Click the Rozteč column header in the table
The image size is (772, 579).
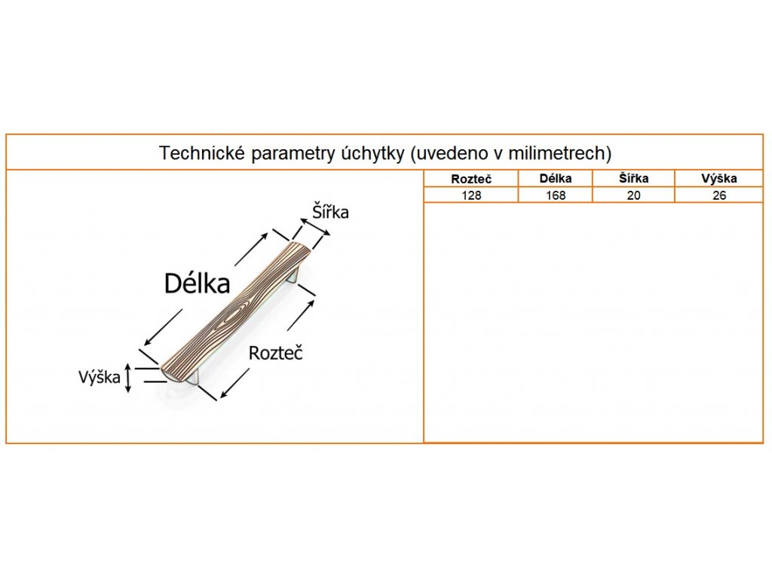coord(471,179)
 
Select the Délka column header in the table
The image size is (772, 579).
coord(556,179)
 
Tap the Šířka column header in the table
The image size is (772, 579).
coord(633,179)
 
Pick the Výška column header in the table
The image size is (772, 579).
coord(718,179)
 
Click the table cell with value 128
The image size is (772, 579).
coord(471,195)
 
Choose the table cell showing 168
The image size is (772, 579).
coord(556,195)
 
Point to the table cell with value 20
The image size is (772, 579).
coord(633,195)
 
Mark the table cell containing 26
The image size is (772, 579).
coord(718,195)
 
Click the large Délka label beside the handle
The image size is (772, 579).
coord(197,283)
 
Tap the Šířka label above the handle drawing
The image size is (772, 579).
coord(331,213)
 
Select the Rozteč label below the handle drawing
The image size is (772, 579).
coord(275,353)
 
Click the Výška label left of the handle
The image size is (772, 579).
coord(99,377)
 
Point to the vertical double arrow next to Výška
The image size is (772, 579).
coord(128,377)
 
